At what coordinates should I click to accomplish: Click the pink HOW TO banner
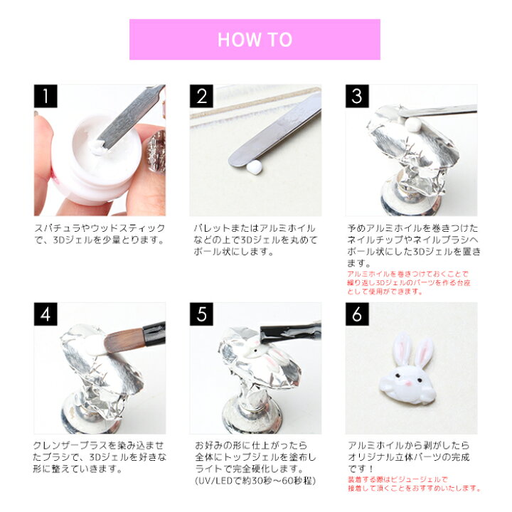click(x=255, y=40)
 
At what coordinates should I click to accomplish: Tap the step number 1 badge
click(x=46, y=96)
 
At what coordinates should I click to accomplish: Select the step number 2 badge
click(x=201, y=96)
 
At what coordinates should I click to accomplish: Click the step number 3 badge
click(x=357, y=96)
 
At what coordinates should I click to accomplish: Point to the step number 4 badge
click(x=46, y=314)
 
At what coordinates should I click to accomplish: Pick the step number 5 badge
click(x=201, y=314)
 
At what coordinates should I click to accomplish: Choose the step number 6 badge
click(x=357, y=314)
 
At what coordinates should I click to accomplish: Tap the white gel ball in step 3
click(x=412, y=124)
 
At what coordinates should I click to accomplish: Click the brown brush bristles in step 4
click(x=124, y=341)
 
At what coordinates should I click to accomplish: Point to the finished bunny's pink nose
click(x=408, y=383)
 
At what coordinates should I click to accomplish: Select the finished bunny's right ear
click(x=424, y=353)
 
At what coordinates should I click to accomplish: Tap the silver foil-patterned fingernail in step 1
click(x=156, y=151)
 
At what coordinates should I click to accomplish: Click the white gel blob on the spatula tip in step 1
click(x=97, y=148)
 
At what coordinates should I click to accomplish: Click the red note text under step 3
click(x=408, y=283)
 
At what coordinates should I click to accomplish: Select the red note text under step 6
click(x=414, y=484)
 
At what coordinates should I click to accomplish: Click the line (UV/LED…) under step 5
click(x=255, y=481)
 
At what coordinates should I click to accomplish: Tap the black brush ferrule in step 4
click(x=154, y=334)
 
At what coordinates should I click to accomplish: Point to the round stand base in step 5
click(x=252, y=418)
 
